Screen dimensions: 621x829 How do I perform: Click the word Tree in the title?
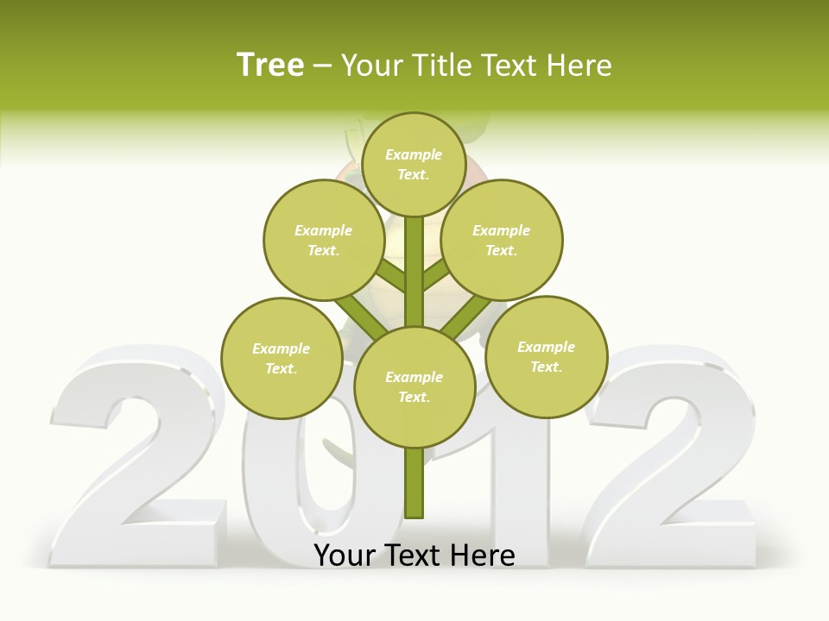tap(270, 66)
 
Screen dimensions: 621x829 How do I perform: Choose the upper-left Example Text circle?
tap(323, 241)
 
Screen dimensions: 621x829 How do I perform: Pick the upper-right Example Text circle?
tap(501, 241)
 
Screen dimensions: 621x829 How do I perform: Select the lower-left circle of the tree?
tap(282, 358)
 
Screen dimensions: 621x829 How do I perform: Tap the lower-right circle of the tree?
tap(546, 356)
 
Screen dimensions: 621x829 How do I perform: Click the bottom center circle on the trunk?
tap(414, 387)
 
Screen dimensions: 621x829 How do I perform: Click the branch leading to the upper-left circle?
tap(389, 275)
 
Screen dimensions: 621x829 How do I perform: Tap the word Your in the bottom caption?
tap(345, 555)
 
